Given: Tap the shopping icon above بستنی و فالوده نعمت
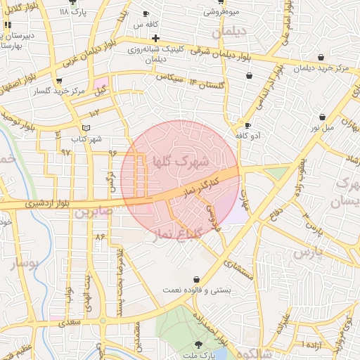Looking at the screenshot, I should [195, 279].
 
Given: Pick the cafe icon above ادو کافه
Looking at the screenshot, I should [247, 124].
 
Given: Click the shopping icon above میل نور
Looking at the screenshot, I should [322, 117].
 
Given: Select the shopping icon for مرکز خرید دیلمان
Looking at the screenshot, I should [321, 58].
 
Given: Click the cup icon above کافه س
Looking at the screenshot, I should [146, 13].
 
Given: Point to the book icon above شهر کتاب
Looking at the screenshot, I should [86, 128].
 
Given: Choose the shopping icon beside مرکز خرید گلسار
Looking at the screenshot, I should [38, 91].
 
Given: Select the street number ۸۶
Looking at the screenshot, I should [99, 236].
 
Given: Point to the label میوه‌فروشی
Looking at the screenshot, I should [221, 12].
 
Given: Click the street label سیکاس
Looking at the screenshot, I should [167, 76].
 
